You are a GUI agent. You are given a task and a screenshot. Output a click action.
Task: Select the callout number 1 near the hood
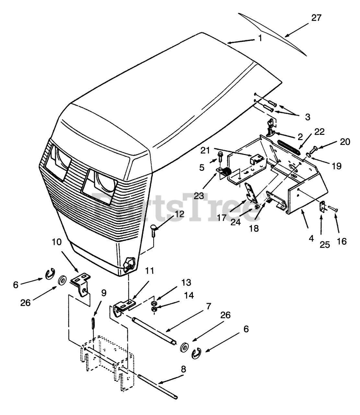(260, 38)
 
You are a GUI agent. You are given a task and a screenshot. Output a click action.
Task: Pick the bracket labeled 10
(81, 282)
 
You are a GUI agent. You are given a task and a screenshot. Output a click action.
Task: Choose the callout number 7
(208, 306)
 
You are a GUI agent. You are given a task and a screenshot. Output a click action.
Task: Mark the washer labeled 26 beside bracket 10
(61, 280)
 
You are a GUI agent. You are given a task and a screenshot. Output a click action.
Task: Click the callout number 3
(307, 116)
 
